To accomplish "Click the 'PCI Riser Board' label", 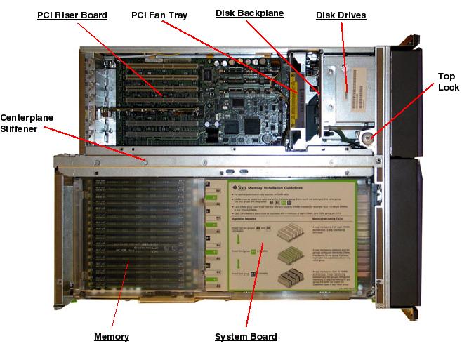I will (x=72, y=15).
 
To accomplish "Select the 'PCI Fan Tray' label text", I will (x=159, y=15).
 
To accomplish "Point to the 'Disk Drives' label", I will (x=341, y=15).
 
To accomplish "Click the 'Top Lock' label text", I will (x=447, y=82).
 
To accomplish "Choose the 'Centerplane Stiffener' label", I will (x=27, y=122).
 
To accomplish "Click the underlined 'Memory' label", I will (x=112, y=337).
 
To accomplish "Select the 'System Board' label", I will (x=246, y=337).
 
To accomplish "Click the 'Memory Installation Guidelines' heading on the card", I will (x=288, y=188).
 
